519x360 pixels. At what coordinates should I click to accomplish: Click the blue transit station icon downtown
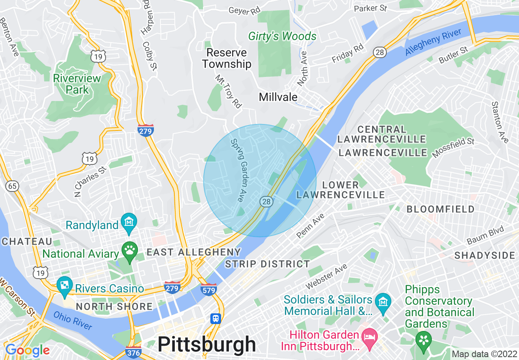(215, 318)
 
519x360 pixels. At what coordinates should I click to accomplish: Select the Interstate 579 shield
(208, 289)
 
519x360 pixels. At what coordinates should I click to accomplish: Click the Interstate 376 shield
(133, 351)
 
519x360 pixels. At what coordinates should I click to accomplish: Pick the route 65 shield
(12, 186)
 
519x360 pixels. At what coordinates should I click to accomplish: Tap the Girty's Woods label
(282, 36)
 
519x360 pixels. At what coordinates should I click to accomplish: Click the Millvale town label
(278, 97)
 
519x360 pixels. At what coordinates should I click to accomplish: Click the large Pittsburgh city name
(206, 344)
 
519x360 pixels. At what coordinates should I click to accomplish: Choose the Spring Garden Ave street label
(239, 170)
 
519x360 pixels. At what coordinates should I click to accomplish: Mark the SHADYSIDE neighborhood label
(485, 255)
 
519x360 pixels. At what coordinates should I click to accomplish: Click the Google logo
(27, 350)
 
